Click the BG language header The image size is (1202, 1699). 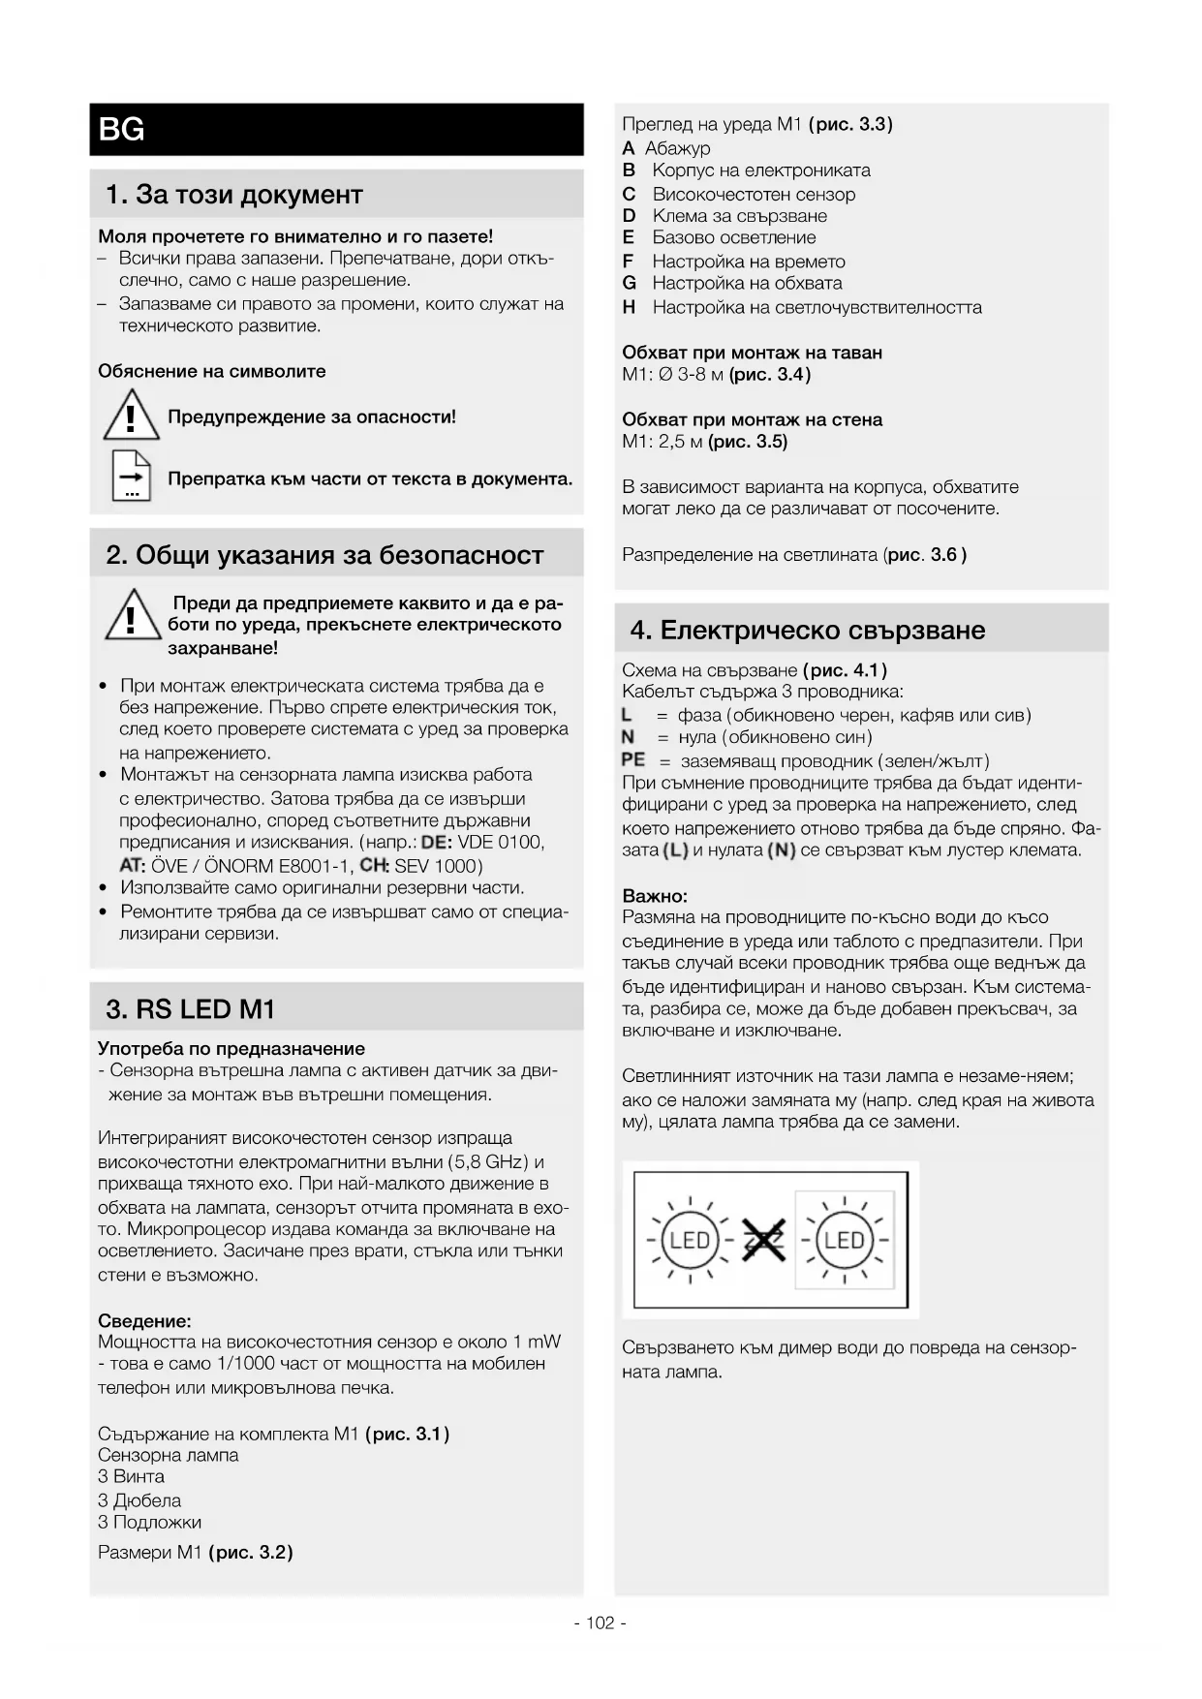(x=122, y=129)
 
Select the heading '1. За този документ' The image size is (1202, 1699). (x=233, y=195)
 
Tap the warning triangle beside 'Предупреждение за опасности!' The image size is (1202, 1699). (x=131, y=416)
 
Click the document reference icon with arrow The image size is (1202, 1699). (x=131, y=476)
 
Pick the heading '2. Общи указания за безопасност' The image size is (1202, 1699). (x=324, y=555)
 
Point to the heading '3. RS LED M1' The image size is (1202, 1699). (x=191, y=1009)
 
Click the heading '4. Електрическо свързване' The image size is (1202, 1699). (x=808, y=631)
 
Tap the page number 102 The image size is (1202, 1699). (x=600, y=1623)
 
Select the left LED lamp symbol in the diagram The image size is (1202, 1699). (x=690, y=1240)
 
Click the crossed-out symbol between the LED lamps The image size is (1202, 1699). (x=763, y=1240)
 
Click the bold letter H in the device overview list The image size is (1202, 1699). (x=630, y=307)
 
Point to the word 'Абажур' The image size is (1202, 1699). (x=677, y=148)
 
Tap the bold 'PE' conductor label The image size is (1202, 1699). (x=633, y=760)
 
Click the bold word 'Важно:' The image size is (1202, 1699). (x=655, y=896)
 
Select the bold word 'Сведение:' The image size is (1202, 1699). (x=144, y=1320)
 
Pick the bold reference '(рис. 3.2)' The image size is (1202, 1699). (x=250, y=1552)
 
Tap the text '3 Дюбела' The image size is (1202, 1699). (x=139, y=1500)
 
